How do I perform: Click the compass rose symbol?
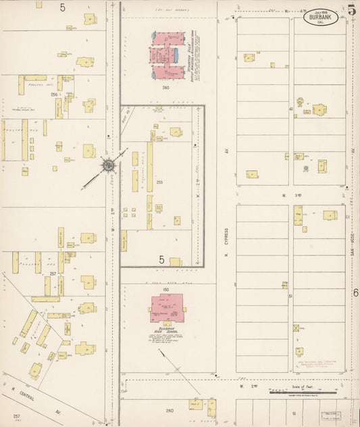[x=107, y=165]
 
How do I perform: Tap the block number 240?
[x=166, y=87]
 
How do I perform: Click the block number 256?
[x=53, y=95]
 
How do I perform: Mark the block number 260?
[x=169, y=410]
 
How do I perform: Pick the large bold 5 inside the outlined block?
[x=161, y=259]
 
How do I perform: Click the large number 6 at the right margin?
[x=355, y=293]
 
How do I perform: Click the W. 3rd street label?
[x=288, y=195]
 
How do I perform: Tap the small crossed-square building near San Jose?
[x=295, y=328]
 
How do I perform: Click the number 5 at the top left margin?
[x=62, y=7]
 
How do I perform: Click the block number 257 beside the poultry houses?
[x=53, y=274]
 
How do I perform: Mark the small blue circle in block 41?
[x=305, y=167]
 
